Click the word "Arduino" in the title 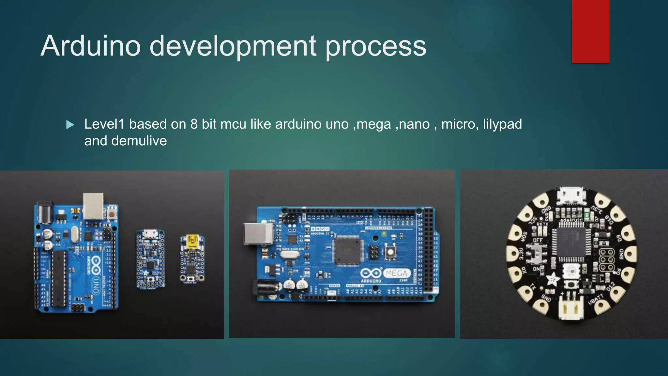(x=91, y=46)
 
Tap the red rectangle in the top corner (x=590, y=31)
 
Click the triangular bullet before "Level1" (x=70, y=125)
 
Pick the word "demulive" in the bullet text (x=139, y=141)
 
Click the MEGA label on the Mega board (x=397, y=273)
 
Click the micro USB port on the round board (x=571, y=196)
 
